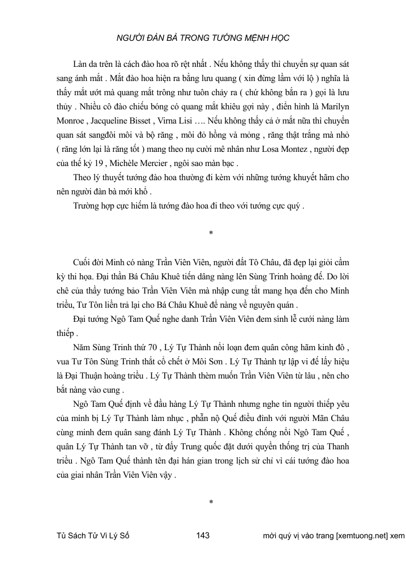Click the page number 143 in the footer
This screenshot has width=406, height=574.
click(203, 535)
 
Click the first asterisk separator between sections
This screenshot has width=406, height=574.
click(211, 233)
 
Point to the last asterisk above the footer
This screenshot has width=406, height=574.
click(211, 502)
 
